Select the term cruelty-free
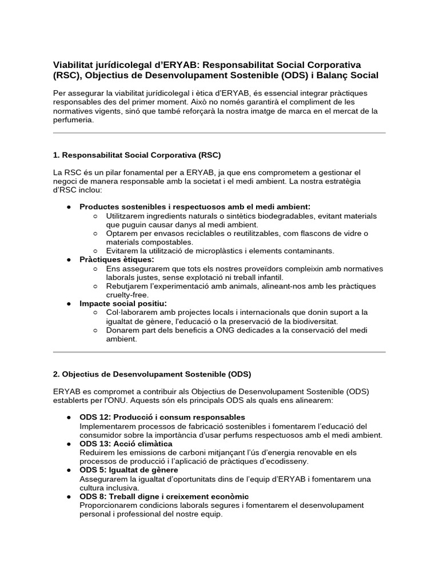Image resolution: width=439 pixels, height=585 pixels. click(x=127, y=295)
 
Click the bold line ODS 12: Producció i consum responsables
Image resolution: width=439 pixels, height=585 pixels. click(x=162, y=417)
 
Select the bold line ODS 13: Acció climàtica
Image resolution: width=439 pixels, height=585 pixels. click(x=126, y=443)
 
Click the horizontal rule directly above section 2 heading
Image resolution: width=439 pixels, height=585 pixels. click(x=219, y=352)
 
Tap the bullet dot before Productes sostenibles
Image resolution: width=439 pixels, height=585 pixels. click(x=69, y=207)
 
